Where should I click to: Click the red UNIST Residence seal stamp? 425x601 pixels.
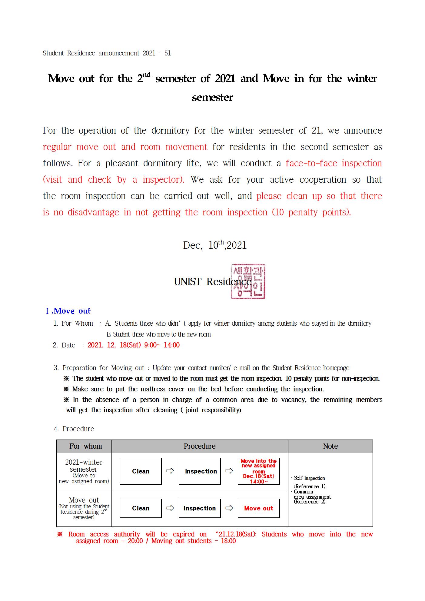click(248, 281)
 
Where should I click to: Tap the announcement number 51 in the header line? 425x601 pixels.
click(167, 53)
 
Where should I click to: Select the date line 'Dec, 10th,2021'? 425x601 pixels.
click(214, 245)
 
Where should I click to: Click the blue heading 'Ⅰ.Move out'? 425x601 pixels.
click(68, 311)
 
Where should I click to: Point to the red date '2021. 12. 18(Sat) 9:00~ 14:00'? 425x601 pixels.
click(134, 345)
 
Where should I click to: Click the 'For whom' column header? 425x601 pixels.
click(85, 446)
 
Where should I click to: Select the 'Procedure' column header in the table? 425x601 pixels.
click(200, 446)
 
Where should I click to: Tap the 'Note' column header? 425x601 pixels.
click(330, 446)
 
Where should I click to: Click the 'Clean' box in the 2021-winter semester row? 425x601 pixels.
click(141, 471)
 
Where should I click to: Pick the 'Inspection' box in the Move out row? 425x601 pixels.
click(200, 508)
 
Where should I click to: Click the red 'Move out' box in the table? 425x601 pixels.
click(258, 508)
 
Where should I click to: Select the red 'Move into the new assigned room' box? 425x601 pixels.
click(258, 471)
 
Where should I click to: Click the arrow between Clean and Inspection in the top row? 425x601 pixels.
click(170, 471)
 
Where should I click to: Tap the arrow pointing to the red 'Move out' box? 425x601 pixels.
click(229, 508)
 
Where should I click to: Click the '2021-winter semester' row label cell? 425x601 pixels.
click(84, 471)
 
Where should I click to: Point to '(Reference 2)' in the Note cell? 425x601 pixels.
click(310, 502)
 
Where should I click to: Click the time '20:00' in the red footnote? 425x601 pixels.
click(135, 541)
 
